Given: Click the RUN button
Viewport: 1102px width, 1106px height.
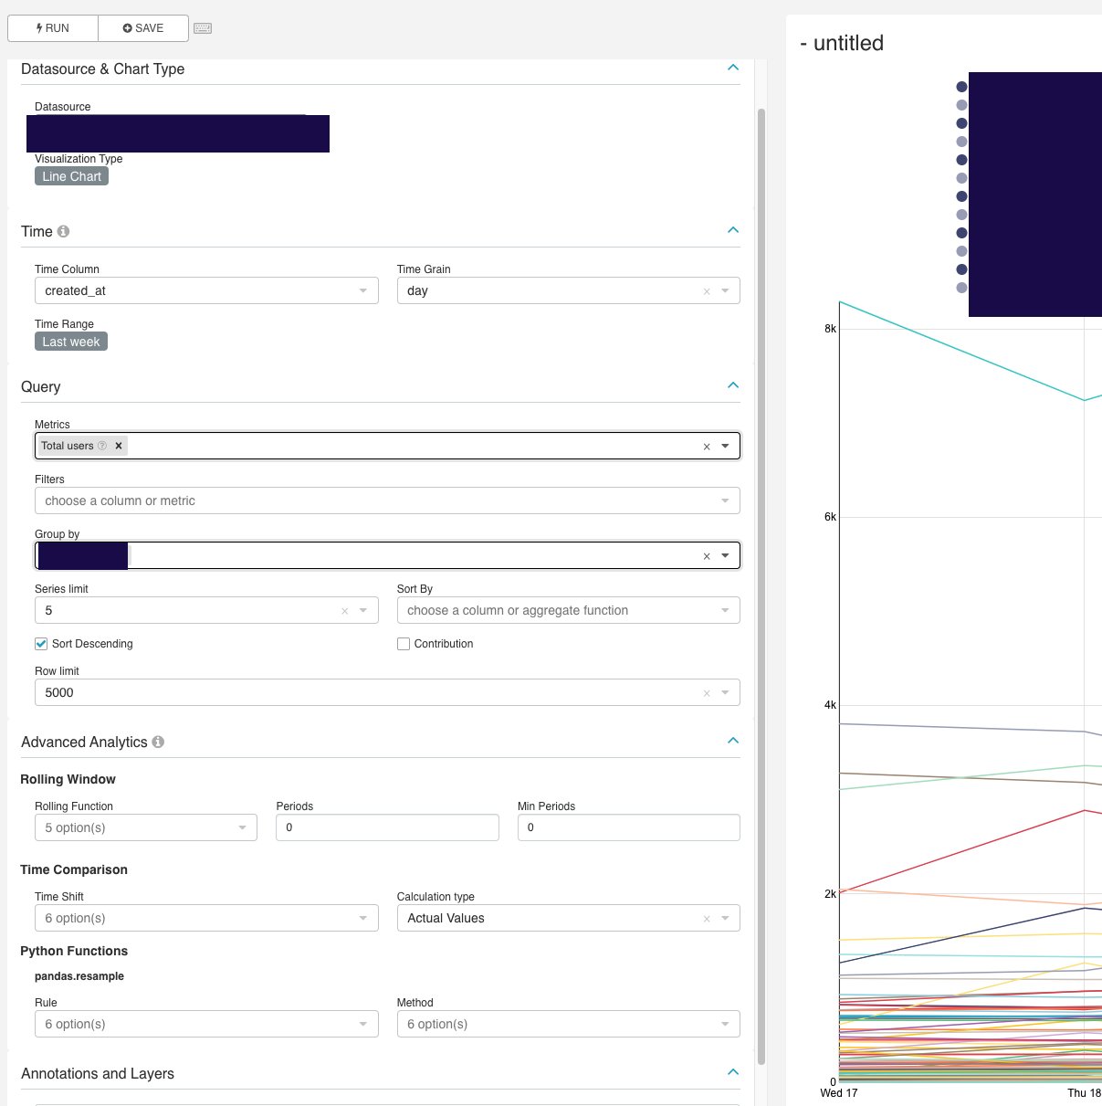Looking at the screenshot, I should pos(53,28).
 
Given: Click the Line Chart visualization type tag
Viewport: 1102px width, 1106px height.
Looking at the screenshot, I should pos(71,176).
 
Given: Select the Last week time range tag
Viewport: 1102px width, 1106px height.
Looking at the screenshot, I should pos(71,342).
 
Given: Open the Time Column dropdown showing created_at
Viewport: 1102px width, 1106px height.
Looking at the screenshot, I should pos(205,290).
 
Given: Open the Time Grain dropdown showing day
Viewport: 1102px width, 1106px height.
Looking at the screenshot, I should pos(568,290).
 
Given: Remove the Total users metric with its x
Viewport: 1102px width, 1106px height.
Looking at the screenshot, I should pos(119,446).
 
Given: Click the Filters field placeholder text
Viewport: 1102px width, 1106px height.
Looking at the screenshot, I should pos(120,500).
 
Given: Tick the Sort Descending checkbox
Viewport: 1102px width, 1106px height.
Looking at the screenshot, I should pos(41,644).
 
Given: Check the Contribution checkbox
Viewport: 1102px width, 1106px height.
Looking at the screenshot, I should pos(404,644).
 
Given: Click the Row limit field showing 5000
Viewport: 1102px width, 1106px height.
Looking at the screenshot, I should pos(365,692).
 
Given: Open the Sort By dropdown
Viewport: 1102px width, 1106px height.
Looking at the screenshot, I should pos(568,610).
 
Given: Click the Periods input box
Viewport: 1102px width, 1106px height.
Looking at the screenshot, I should pos(387,827).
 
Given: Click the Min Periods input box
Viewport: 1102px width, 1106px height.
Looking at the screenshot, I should pos(628,827).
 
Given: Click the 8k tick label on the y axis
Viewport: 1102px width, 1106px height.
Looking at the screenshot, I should pos(830,329).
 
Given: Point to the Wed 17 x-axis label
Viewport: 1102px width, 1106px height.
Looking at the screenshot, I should pos(838,1093).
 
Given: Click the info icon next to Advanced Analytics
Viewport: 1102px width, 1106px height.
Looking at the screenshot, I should pos(158,742).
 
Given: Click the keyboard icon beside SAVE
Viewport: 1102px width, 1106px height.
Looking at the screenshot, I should pos(203,28).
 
